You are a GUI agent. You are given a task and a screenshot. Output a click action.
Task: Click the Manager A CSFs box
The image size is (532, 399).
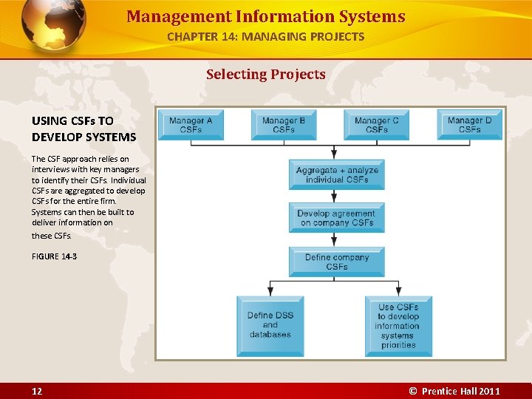point(191,125)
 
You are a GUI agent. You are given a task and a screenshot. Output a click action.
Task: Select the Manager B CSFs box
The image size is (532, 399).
point(284,125)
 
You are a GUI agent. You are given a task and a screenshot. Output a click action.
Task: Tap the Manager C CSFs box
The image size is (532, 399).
point(376,125)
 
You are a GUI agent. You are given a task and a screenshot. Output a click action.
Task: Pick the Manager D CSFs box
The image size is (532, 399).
point(469,124)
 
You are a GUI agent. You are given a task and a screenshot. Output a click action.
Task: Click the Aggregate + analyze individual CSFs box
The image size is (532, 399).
point(337,175)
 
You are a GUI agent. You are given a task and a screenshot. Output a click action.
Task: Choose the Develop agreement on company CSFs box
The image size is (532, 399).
point(337,218)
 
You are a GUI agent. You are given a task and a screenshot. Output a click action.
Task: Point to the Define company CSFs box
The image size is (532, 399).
point(337,262)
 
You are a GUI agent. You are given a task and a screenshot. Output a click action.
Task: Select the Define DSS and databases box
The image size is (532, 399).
point(270,325)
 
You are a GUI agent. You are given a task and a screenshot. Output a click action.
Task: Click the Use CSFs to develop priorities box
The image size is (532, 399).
point(398,326)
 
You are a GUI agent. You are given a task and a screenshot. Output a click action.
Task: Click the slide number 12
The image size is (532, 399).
point(37,391)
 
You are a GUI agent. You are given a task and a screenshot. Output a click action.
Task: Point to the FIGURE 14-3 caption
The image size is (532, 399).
point(54,256)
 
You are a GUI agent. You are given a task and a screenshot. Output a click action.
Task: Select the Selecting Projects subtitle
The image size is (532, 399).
point(265,74)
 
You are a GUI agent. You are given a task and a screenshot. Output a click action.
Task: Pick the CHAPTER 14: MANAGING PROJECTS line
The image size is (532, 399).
point(265,36)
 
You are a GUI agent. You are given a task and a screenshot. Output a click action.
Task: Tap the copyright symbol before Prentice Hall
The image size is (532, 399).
point(413,391)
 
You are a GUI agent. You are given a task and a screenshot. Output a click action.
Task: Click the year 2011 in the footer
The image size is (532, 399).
point(489,391)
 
